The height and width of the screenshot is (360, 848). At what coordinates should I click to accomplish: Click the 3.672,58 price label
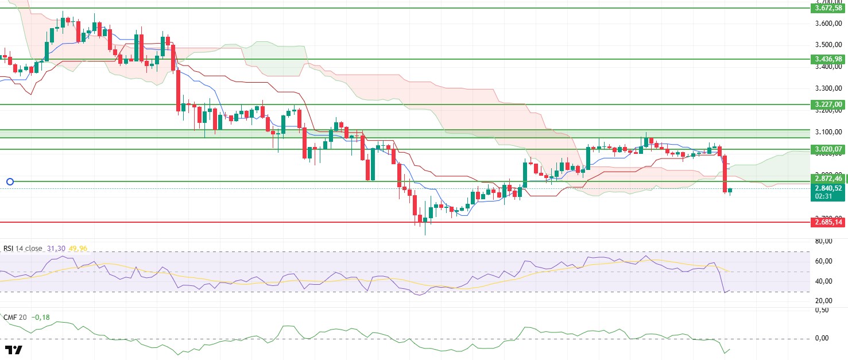click(827, 8)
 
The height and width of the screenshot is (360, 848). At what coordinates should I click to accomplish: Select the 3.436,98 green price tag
click(827, 59)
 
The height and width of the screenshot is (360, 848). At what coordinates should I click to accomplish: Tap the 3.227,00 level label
click(827, 104)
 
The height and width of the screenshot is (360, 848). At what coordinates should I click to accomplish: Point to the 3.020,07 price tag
click(827, 149)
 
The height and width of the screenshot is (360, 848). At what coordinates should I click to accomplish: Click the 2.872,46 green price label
click(827, 179)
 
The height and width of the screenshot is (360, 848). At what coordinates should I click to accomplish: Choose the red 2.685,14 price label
click(827, 222)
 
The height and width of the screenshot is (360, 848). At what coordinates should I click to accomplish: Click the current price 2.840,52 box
click(827, 188)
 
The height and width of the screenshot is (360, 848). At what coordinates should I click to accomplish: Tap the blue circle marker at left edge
click(10, 182)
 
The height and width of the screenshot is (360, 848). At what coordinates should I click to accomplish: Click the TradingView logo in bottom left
click(13, 350)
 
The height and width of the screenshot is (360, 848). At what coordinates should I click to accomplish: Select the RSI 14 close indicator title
click(23, 249)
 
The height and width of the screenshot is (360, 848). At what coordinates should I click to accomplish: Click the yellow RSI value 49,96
click(78, 249)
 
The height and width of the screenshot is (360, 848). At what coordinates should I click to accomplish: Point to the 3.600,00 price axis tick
click(827, 24)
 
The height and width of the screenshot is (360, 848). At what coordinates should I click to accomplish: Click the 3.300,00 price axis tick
click(827, 88)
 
